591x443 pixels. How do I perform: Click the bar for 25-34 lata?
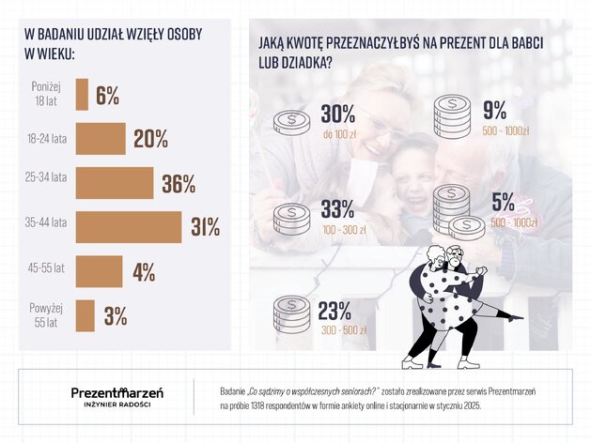115,183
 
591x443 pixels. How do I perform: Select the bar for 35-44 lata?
129,227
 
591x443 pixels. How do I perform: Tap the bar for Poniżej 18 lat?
82,95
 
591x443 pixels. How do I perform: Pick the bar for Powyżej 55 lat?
86,315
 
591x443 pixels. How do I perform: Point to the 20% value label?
150,139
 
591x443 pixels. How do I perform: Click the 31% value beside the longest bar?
206,227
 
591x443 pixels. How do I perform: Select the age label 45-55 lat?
46,268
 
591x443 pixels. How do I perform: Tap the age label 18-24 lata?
47,139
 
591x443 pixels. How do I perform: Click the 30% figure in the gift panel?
338,114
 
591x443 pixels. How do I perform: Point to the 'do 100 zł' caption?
339,134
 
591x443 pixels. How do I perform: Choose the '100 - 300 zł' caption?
345,230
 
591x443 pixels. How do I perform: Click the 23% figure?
334,311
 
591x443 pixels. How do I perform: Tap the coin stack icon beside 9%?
452,115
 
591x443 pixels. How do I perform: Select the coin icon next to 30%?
291,121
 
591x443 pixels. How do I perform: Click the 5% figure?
504,202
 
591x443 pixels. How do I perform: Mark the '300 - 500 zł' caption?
344,330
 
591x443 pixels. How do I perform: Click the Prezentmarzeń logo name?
117,392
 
